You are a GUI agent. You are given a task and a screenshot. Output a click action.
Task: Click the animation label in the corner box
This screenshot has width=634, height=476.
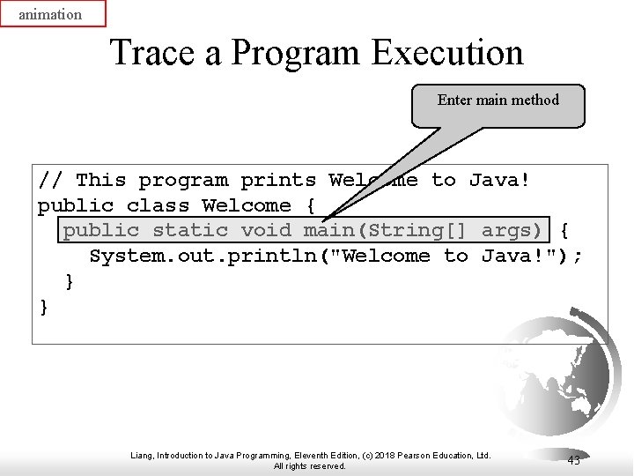(51, 14)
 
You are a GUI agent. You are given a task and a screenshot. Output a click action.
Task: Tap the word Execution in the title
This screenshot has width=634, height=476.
(446, 53)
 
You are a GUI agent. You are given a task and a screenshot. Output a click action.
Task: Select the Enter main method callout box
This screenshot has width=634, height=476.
(498, 105)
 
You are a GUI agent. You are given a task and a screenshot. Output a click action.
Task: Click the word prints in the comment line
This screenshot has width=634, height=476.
(278, 181)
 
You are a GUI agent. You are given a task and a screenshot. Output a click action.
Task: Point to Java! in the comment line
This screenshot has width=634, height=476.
(499, 181)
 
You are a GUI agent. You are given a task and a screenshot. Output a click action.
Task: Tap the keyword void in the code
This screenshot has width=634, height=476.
(266, 231)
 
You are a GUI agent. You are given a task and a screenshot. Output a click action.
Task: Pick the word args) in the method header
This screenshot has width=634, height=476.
(512, 231)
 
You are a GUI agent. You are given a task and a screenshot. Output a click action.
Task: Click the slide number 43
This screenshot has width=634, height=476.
(573, 460)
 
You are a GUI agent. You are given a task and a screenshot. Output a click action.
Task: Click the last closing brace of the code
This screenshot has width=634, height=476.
(44, 306)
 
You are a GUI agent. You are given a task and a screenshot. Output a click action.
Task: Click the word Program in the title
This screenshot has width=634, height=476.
(294, 53)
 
